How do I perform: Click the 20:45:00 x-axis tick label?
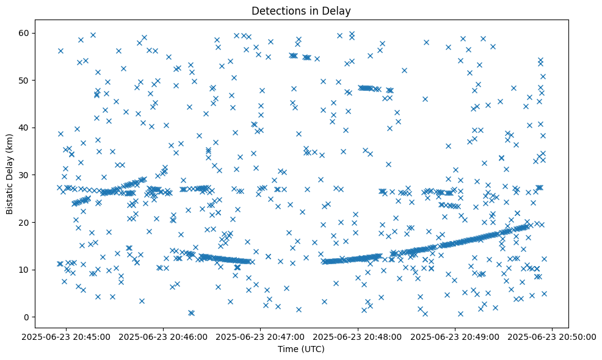[x=67, y=336]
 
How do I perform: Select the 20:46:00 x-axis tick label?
[x=164, y=336]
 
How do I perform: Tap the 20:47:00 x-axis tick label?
[x=261, y=336]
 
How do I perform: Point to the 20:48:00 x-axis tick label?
[x=358, y=336]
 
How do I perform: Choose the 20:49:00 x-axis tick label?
[x=455, y=336]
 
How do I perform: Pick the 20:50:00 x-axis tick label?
[x=553, y=336]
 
